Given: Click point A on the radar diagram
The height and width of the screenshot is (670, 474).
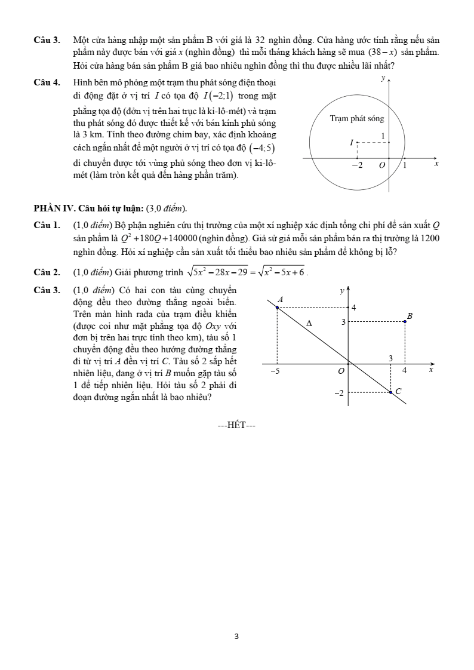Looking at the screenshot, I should pyautogui.click(x=278, y=307).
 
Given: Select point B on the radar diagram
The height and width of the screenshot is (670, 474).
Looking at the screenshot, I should pyautogui.click(x=405, y=321).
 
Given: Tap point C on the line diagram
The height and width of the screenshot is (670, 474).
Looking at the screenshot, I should pyautogui.click(x=391, y=392).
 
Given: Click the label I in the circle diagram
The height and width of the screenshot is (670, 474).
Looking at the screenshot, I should pyautogui.click(x=352, y=143).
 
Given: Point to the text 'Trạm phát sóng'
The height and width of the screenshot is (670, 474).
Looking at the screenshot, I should pyautogui.click(x=357, y=119).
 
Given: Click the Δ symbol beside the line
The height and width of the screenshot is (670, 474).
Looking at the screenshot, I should pyautogui.click(x=309, y=323).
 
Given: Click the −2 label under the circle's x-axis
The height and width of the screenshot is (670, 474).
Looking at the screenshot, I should pyautogui.click(x=356, y=165).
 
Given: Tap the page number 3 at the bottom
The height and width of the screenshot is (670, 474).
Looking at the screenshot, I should pyautogui.click(x=237, y=637).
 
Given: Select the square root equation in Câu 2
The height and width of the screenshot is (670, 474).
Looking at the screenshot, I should pyautogui.click(x=245, y=272).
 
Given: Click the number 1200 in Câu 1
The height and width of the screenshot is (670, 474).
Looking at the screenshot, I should pyautogui.click(x=430, y=238).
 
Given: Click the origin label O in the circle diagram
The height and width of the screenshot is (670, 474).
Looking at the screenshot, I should pyautogui.click(x=382, y=165).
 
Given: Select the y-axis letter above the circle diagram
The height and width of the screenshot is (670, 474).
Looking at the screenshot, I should pyautogui.click(x=383, y=78).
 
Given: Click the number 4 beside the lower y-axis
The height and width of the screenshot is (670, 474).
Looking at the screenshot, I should pyautogui.click(x=355, y=308).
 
